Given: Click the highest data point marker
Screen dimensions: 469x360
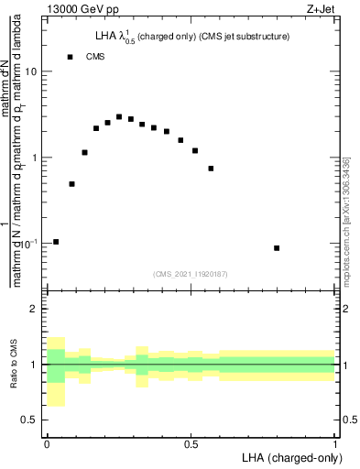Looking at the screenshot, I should [x=119, y=117].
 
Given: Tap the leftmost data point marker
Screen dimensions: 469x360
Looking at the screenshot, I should [x=56, y=242].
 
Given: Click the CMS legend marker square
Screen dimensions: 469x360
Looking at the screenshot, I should [x=70, y=57].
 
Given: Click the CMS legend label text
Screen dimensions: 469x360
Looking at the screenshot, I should [x=95, y=57].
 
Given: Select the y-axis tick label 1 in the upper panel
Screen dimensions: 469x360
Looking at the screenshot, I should [x=37, y=158].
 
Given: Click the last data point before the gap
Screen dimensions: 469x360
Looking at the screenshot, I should [x=211, y=169].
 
